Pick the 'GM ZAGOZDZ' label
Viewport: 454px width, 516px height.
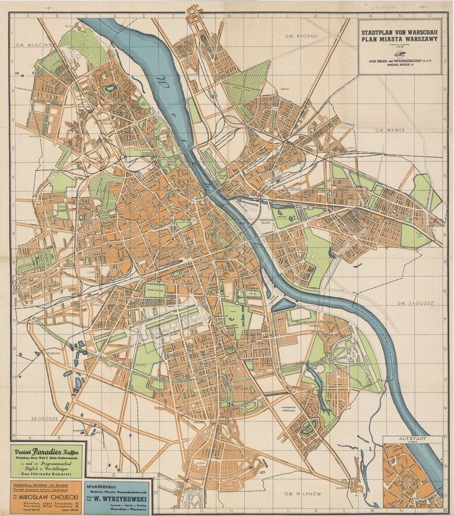pos(413,303)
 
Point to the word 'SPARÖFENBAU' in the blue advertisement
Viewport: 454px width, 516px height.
pos(105,485)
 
